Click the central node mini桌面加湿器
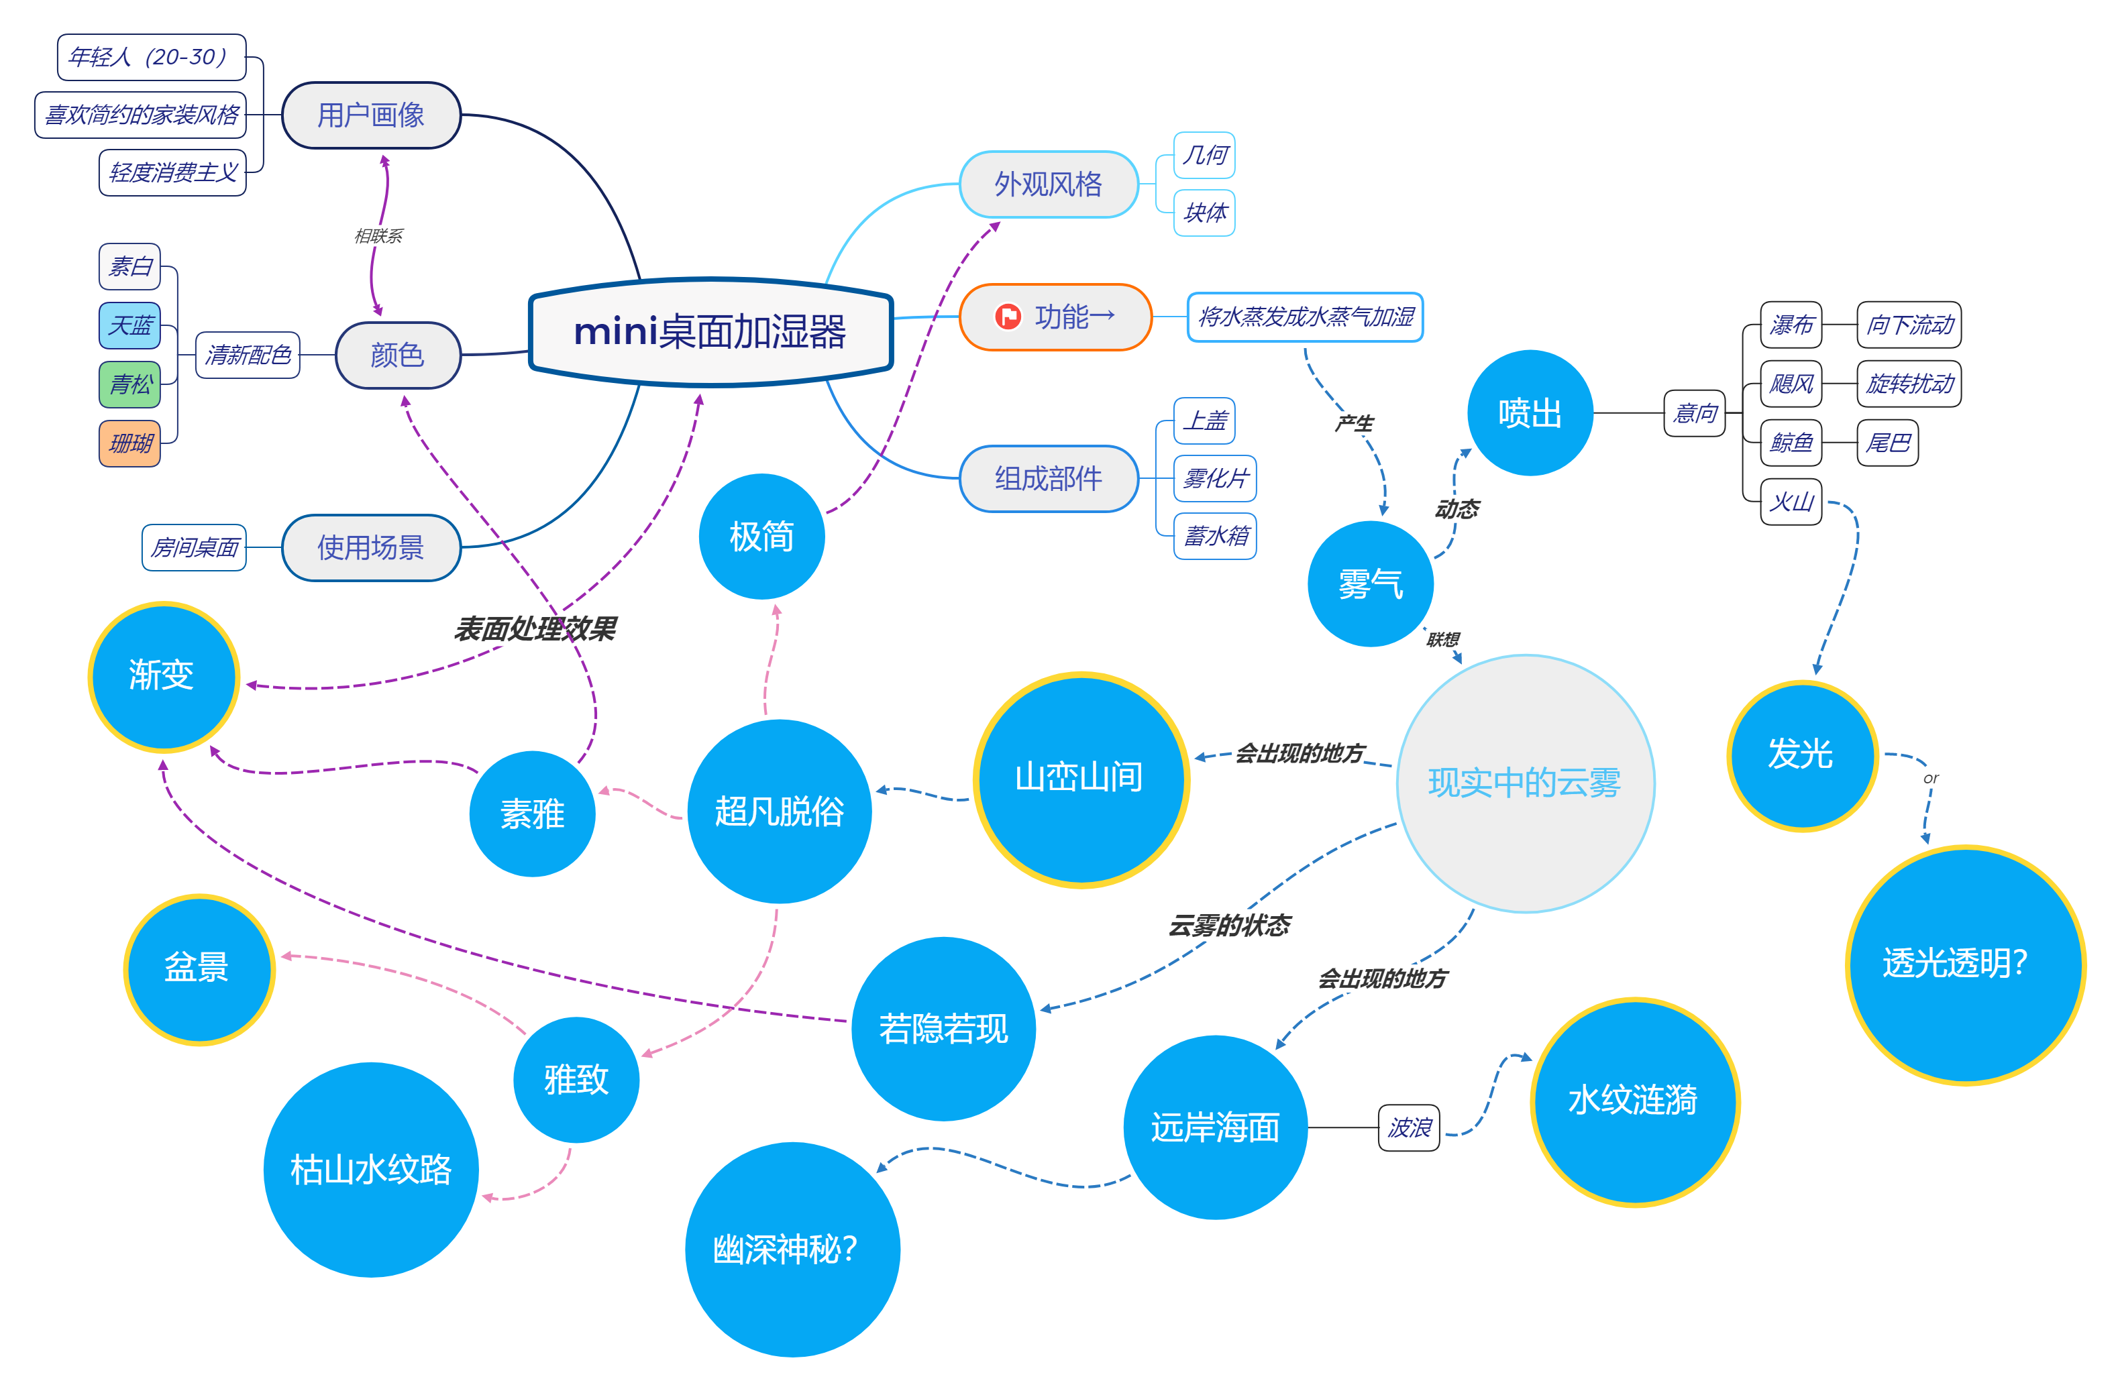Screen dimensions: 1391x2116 point(710,331)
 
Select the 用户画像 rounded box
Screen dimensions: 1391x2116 point(371,115)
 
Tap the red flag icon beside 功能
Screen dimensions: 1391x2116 point(1007,317)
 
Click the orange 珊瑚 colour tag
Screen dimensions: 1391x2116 point(129,443)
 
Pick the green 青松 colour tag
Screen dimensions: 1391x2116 point(129,384)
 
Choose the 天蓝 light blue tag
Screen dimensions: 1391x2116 point(129,325)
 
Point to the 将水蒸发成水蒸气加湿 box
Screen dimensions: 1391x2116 point(1304,317)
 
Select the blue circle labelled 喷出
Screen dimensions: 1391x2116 point(1529,413)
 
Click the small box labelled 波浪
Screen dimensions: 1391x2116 point(1408,1128)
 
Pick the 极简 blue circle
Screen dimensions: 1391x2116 point(761,536)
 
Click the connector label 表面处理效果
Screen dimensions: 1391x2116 point(535,629)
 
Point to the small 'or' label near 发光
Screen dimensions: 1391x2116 point(1930,779)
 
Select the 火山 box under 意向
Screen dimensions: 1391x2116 point(1791,502)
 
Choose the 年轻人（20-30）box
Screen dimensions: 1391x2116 point(151,58)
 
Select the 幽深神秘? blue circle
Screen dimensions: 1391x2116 point(791,1249)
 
